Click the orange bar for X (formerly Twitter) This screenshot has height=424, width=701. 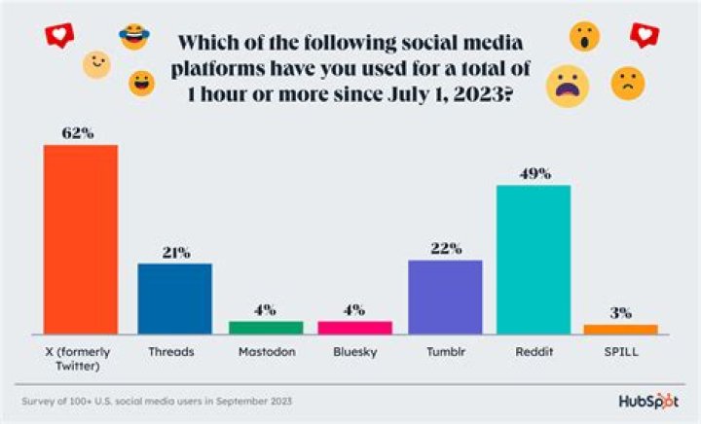(x=81, y=238)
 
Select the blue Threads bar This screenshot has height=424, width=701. (x=174, y=298)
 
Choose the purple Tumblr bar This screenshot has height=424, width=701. (x=445, y=296)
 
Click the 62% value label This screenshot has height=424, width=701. (x=81, y=132)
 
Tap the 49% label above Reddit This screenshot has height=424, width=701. (x=534, y=173)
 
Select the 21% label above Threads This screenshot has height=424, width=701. (x=175, y=252)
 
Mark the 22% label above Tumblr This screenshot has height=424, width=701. (x=445, y=248)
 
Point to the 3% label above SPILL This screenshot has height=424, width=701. (x=620, y=313)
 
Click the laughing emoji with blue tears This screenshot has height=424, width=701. (x=132, y=38)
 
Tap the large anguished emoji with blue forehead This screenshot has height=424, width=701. (x=567, y=87)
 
